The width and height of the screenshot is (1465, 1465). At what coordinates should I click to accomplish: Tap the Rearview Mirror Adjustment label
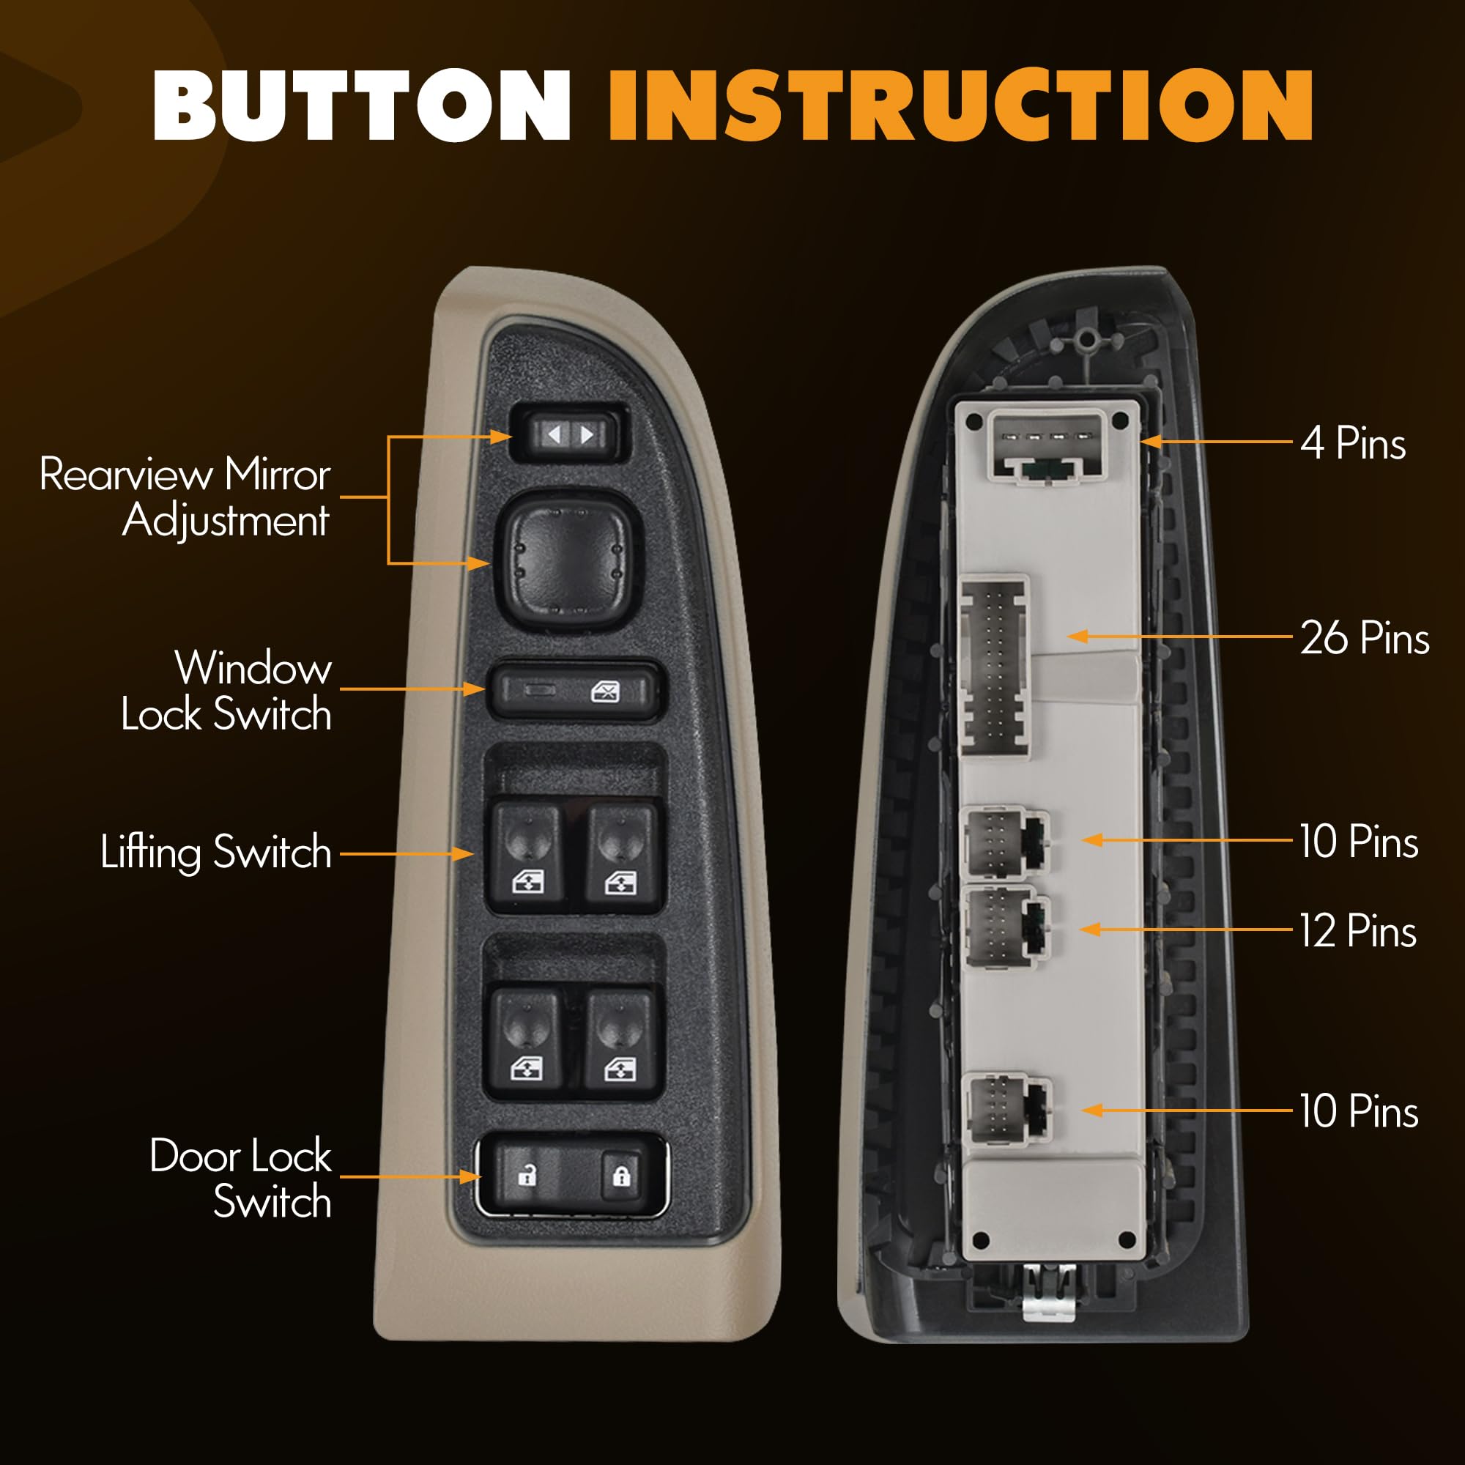pyautogui.click(x=185, y=497)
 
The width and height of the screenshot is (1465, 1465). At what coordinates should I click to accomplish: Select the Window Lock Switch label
pyautogui.click(x=226, y=691)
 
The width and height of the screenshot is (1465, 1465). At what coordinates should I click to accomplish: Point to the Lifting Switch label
pyautogui.click(x=216, y=852)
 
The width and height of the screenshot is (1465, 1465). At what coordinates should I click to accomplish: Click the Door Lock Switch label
pyautogui.click(x=241, y=1178)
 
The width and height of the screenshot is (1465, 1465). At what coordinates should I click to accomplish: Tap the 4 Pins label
pyautogui.click(x=1353, y=442)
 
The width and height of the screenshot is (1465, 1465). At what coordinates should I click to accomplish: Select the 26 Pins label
pyautogui.click(x=1365, y=637)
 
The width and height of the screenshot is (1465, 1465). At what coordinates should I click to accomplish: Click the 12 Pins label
pyautogui.click(x=1358, y=930)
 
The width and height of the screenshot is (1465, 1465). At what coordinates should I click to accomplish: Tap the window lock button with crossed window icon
pyautogui.click(x=575, y=691)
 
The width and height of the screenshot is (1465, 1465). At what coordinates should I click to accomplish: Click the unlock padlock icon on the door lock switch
pyautogui.click(x=526, y=1176)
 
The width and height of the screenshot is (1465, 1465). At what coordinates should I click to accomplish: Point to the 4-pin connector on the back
pyautogui.click(x=1048, y=448)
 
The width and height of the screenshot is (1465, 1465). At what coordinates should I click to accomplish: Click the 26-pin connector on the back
pyautogui.click(x=995, y=667)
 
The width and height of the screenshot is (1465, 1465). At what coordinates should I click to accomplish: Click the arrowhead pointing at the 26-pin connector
pyautogui.click(x=1077, y=637)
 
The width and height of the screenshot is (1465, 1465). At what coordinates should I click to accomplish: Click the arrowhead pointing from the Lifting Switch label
pyautogui.click(x=462, y=854)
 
